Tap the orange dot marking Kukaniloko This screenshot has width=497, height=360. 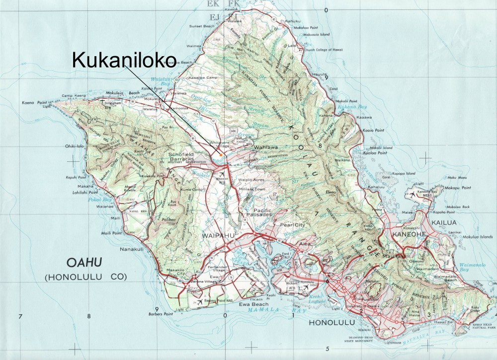coord(220,155)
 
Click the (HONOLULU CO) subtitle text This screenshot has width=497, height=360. coord(85,276)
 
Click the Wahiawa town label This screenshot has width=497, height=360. coord(265,148)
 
